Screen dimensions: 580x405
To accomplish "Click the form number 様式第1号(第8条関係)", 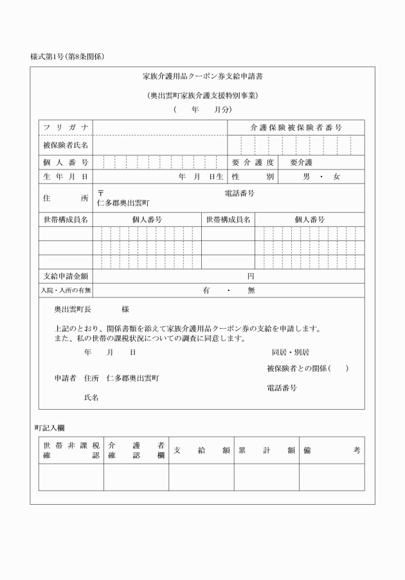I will pos(67,57).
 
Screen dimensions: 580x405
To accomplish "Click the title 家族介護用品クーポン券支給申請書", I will pos(202,76).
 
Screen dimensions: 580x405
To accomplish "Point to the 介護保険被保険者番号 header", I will pos(296,128).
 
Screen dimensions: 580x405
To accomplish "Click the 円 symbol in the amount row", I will pos(251,276).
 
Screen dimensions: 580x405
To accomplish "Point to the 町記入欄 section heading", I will pos(49,427).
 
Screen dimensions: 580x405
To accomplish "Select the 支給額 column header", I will pos(201,450).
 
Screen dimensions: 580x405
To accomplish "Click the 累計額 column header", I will pos(266,450).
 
